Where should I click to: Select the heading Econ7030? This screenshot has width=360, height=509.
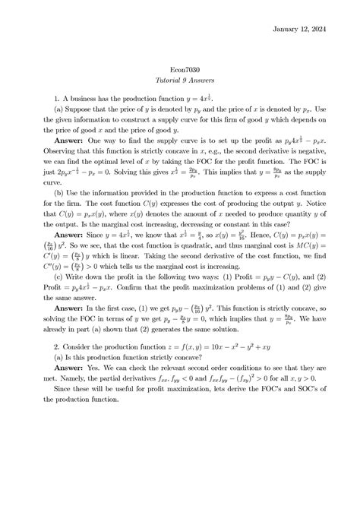[x=180, y=70]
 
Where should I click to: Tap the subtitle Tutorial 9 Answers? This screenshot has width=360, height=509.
[x=180, y=83]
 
